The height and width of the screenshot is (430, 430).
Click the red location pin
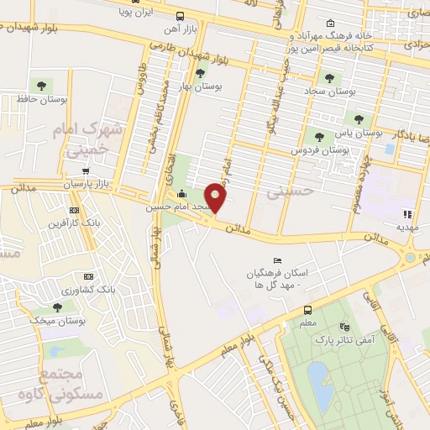(x=216, y=196)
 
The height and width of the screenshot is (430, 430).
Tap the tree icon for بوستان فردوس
(x=317, y=136)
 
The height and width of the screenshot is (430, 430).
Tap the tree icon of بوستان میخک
(x=57, y=307)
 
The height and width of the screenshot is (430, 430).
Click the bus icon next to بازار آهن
(x=181, y=16)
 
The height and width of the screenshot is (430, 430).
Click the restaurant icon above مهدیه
(x=408, y=213)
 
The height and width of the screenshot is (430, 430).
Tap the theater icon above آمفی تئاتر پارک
(x=343, y=327)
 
